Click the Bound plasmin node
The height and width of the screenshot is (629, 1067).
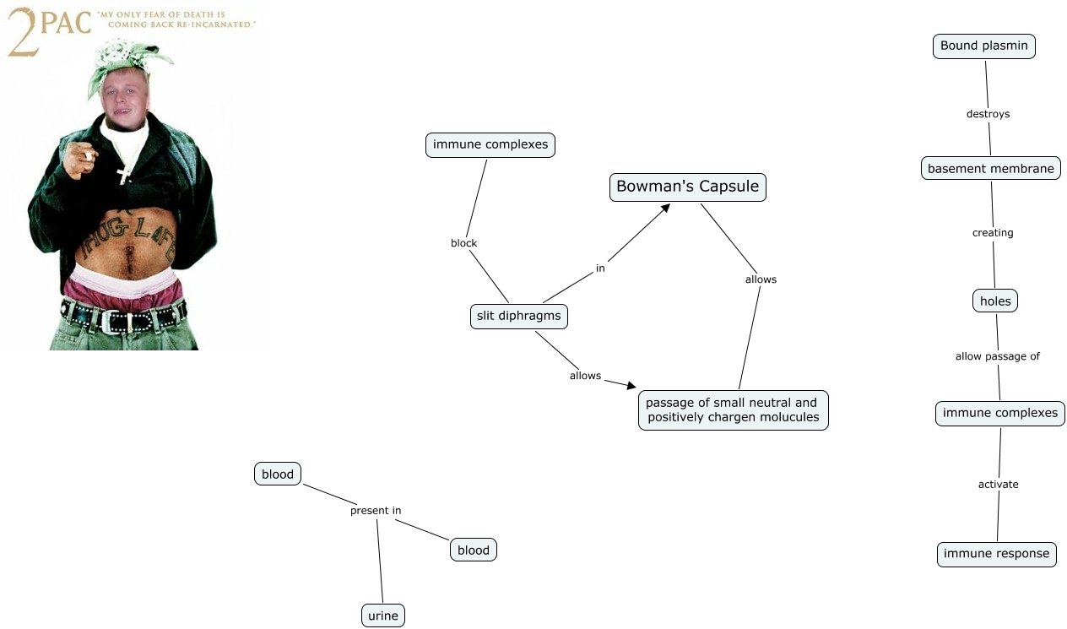tap(983, 46)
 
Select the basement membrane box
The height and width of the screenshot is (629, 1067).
tap(991, 168)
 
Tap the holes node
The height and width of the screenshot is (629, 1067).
tap(995, 301)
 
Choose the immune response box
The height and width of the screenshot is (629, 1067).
tap(996, 554)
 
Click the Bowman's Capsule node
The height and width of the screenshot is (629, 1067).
tap(688, 187)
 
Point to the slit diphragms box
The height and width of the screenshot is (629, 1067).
tap(519, 317)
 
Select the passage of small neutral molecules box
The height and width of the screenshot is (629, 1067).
tap(733, 410)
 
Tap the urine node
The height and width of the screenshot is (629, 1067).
tap(383, 615)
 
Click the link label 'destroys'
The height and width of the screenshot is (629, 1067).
tap(988, 114)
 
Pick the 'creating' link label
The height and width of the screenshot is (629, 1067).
tap(993, 233)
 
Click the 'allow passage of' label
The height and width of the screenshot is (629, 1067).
tap(998, 356)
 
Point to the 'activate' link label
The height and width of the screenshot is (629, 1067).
tap(998, 485)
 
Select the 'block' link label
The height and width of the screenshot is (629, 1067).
tap(463, 243)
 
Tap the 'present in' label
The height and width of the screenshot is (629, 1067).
tap(376, 511)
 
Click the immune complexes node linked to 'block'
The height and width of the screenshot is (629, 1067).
tap(490, 145)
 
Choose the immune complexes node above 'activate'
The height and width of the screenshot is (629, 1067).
tap(999, 413)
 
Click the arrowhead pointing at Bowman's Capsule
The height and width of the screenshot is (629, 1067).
tap(665, 209)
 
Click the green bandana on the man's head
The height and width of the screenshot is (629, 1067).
tap(125, 64)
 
